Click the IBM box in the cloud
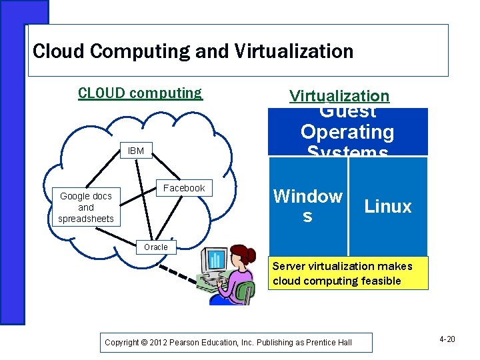click(x=136, y=151)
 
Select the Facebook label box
click(x=184, y=189)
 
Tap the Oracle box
click(x=156, y=247)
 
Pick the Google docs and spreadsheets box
click(x=86, y=207)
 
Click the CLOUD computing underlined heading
click(x=140, y=93)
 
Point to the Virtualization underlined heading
click(x=339, y=96)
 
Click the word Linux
click(x=388, y=207)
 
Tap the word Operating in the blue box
click(x=347, y=132)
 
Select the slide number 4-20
click(x=447, y=340)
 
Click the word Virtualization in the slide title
click(x=289, y=51)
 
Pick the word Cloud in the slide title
click(x=55, y=51)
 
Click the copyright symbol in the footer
click(x=145, y=343)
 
